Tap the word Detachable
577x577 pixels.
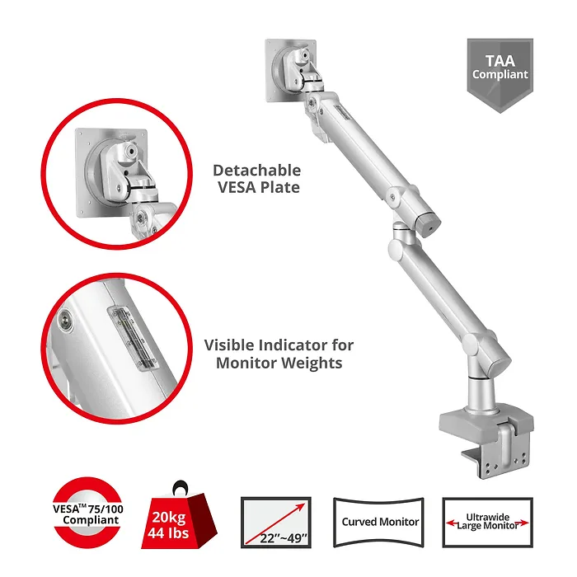257,171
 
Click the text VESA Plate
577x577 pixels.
259,187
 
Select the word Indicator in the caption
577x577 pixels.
291,345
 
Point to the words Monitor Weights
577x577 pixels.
279,363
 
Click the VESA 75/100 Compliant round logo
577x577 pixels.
88,514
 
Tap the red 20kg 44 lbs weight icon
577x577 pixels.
179,517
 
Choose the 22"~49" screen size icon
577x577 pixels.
276,523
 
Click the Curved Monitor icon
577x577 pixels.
379,522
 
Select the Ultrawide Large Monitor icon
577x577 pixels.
488,523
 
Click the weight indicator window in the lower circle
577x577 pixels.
133,337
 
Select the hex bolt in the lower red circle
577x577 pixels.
66,319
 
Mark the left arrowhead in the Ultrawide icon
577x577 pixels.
450,523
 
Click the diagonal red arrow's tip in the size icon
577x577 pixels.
305,504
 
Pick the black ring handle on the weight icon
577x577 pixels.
181,487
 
